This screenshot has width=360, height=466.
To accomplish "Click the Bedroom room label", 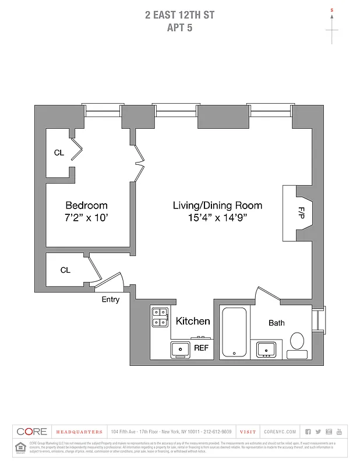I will pyautogui.click(x=86, y=206).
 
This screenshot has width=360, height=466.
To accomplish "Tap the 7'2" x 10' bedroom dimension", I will pyautogui.click(x=86, y=218).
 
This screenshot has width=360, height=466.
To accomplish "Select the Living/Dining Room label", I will pyautogui.click(x=217, y=206).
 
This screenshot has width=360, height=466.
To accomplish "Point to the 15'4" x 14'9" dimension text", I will pyautogui.click(x=217, y=218).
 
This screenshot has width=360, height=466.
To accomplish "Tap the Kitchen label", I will pyautogui.click(x=193, y=321).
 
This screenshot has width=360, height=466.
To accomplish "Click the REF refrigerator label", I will pyautogui.click(x=201, y=348).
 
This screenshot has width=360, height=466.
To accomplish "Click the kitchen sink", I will pyautogui.click(x=179, y=349).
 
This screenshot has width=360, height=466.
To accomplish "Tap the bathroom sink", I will pyautogui.click(x=267, y=349).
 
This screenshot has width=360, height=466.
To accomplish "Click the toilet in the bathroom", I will pyautogui.click(x=297, y=344).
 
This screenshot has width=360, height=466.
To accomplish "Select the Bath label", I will pyautogui.click(x=277, y=323).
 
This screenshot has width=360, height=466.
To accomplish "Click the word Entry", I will pyautogui.click(x=111, y=300).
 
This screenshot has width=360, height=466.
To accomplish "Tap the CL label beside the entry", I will pyautogui.click(x=65, y=270).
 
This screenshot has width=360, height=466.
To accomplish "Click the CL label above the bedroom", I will pyautogui.click(x=59, y=153).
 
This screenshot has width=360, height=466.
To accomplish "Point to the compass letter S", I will pyautogui.click(x=332, y=10).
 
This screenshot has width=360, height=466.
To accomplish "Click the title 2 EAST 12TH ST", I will pyautogui.click(x=179, y=15).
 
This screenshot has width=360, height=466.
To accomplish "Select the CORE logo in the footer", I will pyautogui.click(x=31, y=432).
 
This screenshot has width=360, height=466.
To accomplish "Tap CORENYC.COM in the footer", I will pyautogui.click(x=280, y=432).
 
